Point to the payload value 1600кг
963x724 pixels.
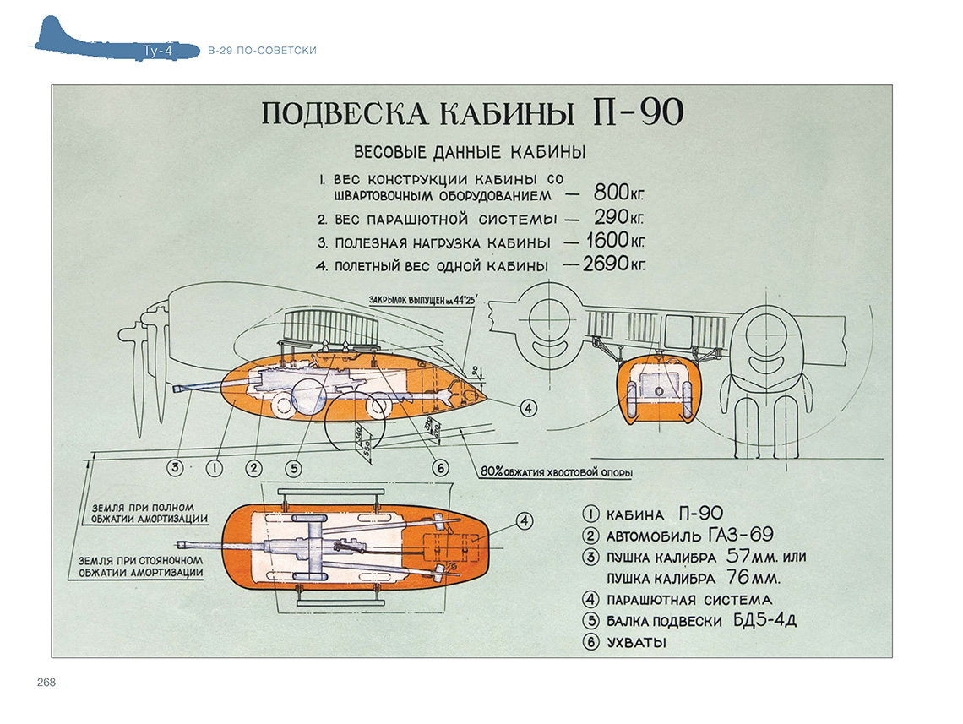(x=615, y=242)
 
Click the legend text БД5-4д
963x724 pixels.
(x=764, y=621)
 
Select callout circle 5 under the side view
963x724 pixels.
(x=293, y=467)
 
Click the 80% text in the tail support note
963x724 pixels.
(x=491, y=473)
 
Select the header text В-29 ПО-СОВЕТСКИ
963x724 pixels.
(x=262, y=52)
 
